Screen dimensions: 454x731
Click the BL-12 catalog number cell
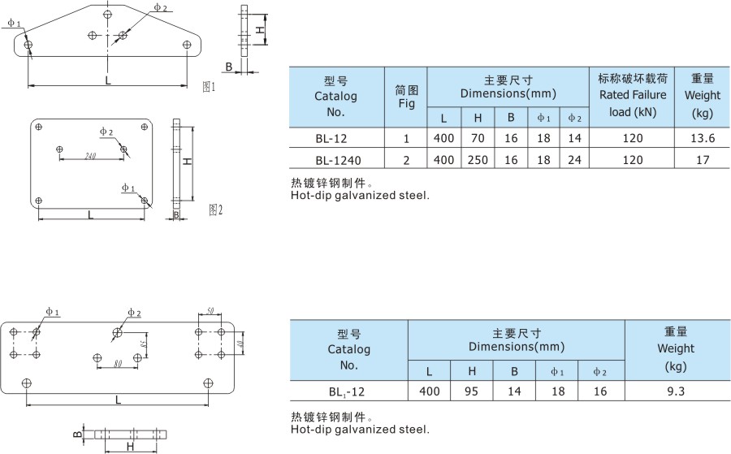[335, 138]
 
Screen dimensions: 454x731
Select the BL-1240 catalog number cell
[335, 160]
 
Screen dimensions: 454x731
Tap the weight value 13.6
[702, 138]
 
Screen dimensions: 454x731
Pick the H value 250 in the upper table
[478, 160]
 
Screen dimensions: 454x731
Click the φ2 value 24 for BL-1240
[575, 160]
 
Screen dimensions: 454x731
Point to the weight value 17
[702, 160]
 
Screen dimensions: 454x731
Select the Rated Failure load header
[632, 95]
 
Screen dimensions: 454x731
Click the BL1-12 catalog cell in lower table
[348, 391]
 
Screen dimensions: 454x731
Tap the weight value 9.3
[676, 391]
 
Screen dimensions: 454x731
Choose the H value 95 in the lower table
[472, 391]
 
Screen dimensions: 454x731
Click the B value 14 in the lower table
[514, 391]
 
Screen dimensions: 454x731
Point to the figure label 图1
[209, 86]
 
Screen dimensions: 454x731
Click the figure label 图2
[215, 210]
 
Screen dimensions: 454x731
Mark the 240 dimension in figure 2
[90, 156]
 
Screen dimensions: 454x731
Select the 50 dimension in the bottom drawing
[210, 312]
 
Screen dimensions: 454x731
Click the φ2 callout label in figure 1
[161, 7]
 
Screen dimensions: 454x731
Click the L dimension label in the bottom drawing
[118, 400]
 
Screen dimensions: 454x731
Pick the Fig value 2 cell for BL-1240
[406, 160]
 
